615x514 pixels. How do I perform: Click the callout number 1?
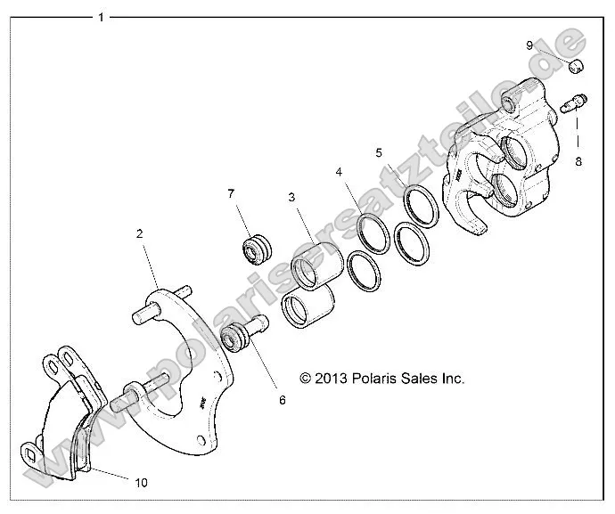click(101, 17)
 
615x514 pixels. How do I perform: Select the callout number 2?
click(140, 233)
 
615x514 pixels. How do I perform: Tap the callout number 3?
click(291, 197)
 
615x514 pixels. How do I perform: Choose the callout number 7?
click(231, 193)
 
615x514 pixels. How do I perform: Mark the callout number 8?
click(578, 161)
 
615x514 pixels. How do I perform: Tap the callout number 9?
click(554, 45)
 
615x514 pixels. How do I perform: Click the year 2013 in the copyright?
click(332, 378)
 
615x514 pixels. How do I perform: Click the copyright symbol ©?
click(306, 378)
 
